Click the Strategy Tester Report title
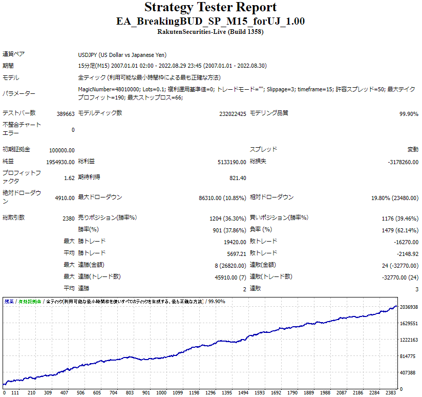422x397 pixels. [x=210, y=8]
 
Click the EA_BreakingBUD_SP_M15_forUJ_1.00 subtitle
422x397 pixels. [x=210, y=22]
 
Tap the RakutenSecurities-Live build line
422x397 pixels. [x=210, y=32]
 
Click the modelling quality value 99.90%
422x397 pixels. [x=408, y=113]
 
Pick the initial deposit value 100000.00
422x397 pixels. [x=62, y=150]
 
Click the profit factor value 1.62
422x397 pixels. [x=69, y=178]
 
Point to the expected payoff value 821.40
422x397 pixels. [x=238, y=178]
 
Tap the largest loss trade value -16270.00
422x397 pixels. [x=405, y=242]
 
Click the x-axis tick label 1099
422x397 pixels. [x=178, y=393]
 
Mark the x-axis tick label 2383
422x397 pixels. [x=391, y=393]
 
